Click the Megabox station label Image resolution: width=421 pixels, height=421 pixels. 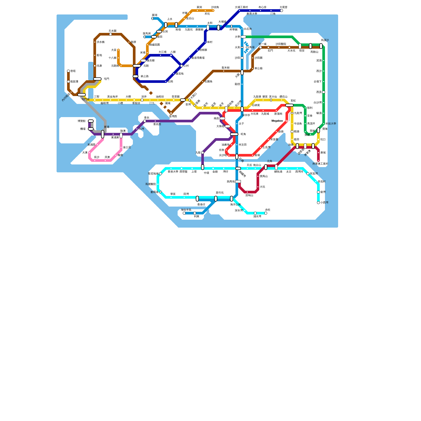[x=277, y=121]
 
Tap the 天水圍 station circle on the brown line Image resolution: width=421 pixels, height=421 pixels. [x=111, y=34]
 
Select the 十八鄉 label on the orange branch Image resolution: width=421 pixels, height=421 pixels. [x=112, y=58]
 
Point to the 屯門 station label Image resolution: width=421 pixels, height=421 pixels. [x=107, y=79]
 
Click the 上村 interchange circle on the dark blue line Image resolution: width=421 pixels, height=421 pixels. [x=182, y=66]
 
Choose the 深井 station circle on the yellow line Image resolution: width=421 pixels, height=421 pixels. [x=142, y=100]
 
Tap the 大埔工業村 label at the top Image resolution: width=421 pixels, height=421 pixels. [x=241, y=7]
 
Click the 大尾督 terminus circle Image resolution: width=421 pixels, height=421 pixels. [x=282, y=11]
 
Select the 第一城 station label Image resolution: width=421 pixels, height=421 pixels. [x=262, y=44]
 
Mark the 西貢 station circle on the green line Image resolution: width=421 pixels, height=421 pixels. [x=324, y=92]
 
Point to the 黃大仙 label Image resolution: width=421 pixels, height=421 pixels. [x=273, y=97]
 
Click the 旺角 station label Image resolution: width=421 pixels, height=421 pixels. [x=243, y=134]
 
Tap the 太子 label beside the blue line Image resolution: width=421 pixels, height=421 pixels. [x=241, y=124]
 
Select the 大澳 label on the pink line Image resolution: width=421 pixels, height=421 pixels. [x=85, y=153]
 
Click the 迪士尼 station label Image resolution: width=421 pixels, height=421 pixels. [x=127, y=147]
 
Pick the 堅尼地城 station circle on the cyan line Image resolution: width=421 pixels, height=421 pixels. [x=161, y=174]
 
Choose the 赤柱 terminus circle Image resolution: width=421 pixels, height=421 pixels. [x=266, y=213]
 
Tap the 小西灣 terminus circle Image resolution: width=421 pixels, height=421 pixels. [x=318, y=203]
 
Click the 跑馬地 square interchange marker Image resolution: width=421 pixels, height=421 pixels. [x=238, y=182]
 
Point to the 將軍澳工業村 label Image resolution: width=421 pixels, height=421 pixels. [x=320, y=164]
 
